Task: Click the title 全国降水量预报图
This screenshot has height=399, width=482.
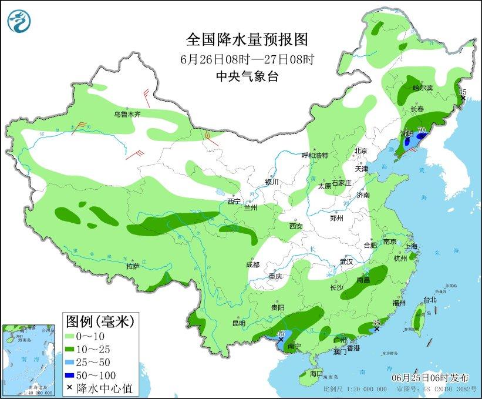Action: (247, 40)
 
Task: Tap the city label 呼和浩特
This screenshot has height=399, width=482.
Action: (315, 156)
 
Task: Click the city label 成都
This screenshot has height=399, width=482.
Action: (253, 264)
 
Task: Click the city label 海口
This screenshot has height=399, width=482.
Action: (316, 373)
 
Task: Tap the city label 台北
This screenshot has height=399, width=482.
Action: (430, 300)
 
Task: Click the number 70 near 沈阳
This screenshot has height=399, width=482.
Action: (421, 130)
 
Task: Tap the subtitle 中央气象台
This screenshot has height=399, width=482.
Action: (247, 75)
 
